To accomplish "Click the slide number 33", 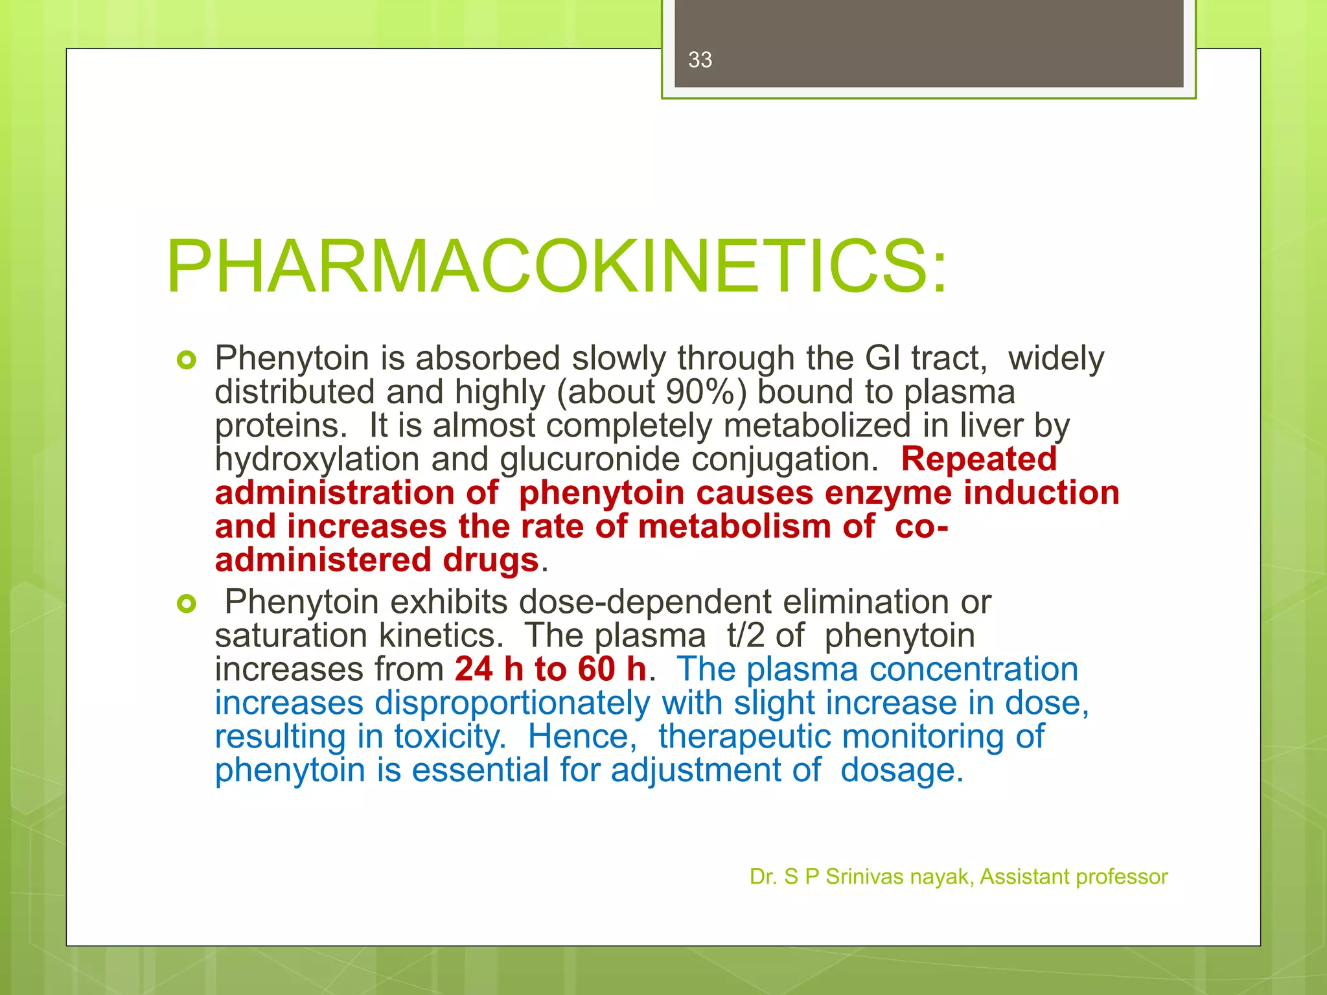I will pyautogui.click(x=700, y=60).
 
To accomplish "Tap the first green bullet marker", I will pyautogui.click(x=186, y=360).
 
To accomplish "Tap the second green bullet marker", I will pyautogui.click(x=186, y=604).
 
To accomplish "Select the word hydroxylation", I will pyautogui.click(x=317, y=459).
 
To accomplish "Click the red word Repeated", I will pyautogui.click(x=978, y=459).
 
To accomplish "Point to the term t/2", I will pyautogui.click(x=746, y=635).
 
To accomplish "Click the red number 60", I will pyautogui.click(x=596, y=669).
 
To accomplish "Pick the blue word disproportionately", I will pyautogui.click(x=512, y=703).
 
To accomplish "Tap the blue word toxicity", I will pyautogui.click(x=450, y=737).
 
